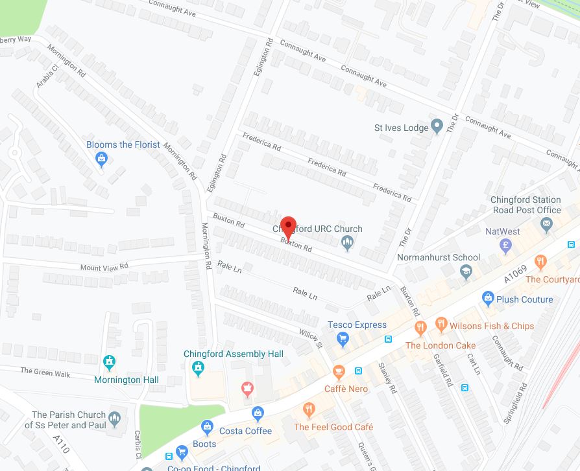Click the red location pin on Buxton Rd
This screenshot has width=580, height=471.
click(x=288, y=227)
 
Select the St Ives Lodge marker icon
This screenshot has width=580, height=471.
click(x=437, y=124)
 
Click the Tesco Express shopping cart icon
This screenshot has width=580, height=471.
click(x=343, y=338)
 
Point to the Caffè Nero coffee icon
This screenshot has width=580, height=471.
click(x=338, y=372)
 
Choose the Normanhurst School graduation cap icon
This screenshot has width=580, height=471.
click(x=466, y=273)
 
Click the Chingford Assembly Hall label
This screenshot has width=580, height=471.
click(x=234, y=354)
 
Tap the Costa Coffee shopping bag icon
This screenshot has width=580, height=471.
click(x=258, y=413)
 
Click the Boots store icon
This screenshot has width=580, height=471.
click(x=207, y=426)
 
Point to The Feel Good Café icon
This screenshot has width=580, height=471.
click(x=309, y=409)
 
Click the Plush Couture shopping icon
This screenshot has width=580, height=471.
click(x=489, y=299)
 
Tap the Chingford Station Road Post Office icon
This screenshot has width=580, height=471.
click(x=546, y=225)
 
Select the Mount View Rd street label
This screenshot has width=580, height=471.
click(x=104, y=266)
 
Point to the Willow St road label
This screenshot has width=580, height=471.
click(x=311, y=336)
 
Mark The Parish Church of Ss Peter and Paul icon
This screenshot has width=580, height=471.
click(x=115, y=419)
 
